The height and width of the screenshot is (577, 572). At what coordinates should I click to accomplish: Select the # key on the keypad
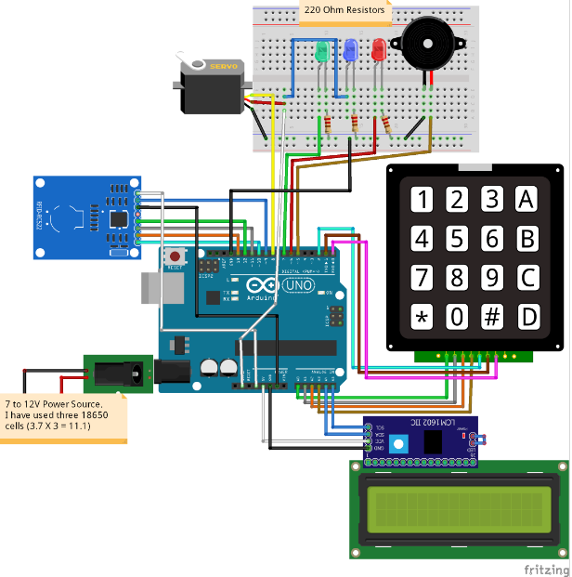coord(492,317)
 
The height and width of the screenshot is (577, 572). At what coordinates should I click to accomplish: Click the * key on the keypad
coord(422,317)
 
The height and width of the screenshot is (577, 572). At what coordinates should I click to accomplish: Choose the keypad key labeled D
coord(527,317)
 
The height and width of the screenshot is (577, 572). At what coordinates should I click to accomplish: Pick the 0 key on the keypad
coord(457,317)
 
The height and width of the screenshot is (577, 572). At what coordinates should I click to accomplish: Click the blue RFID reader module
coord(84,216)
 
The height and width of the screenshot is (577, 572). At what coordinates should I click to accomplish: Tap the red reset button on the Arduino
coord(173,256)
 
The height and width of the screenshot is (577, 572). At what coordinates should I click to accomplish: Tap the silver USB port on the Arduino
coord(154,289)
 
